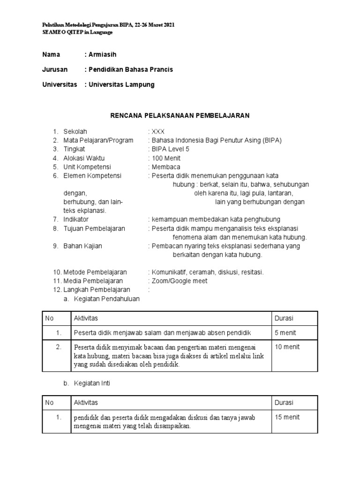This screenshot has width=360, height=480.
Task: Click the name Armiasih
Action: tap(104, 55)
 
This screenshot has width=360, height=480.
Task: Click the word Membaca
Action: tap(165, 167)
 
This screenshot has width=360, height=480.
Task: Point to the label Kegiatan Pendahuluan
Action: tap(107, 299)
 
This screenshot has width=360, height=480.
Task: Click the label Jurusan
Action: tap(55, 70)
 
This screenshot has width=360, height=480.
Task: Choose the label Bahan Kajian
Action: tap(82, 246)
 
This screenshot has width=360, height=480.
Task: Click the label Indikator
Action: tap(76, 219)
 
